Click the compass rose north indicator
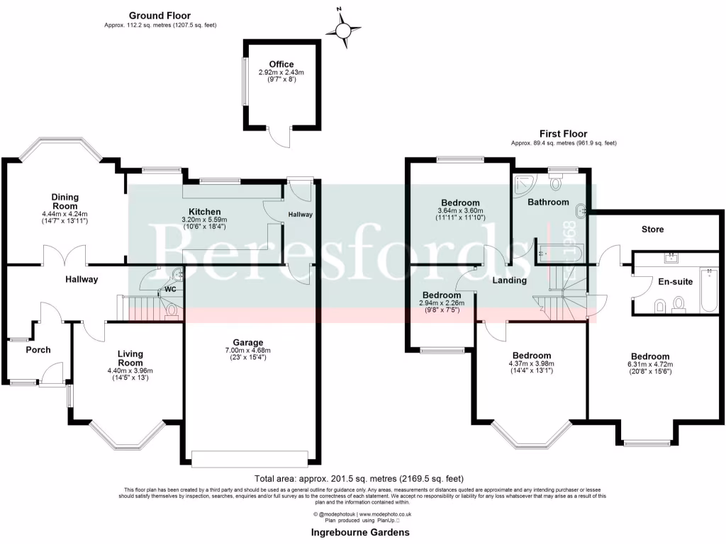coord(343,30)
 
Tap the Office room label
coord(281,64)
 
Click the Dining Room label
coord(65,201)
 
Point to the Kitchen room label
coord(204,211)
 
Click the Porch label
coord(38,349)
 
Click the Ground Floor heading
coord(160,16)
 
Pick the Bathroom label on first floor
coord(548,202)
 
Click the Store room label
coord(652,229)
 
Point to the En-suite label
coord(676,281)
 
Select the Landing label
coord(510,280)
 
